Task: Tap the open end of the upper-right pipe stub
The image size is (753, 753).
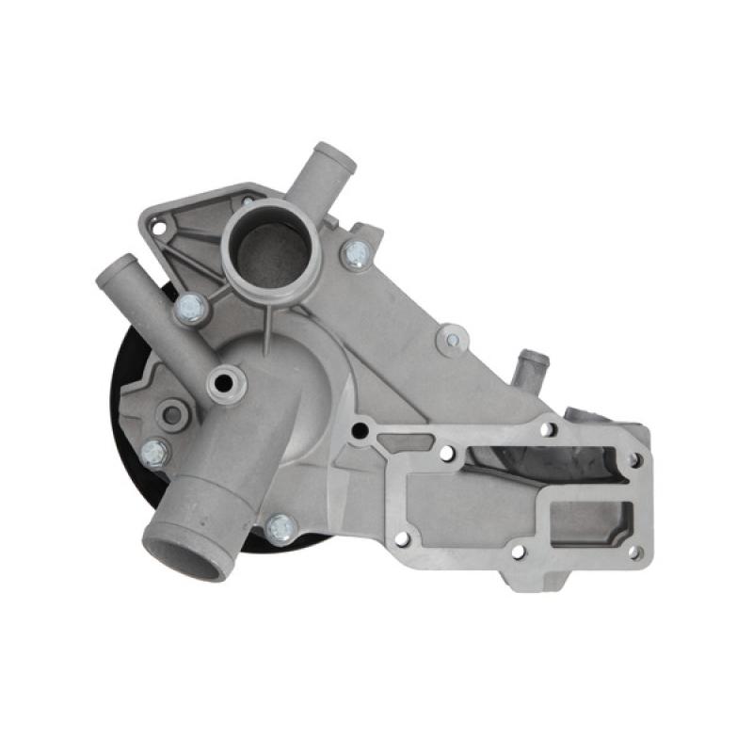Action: point(337,157)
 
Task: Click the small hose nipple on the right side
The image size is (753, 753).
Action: point(533,359)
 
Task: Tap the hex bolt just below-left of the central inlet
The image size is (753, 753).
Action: point(191,306)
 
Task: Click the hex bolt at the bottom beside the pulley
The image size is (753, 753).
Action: point(280,528)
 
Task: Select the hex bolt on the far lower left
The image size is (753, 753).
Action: point(155,452)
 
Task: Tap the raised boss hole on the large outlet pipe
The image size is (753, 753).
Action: point(226,382)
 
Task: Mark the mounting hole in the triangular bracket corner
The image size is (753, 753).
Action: point(158,228)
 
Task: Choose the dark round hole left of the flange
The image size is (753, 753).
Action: point(359,431)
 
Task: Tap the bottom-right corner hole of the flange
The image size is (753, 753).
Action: point(633,552)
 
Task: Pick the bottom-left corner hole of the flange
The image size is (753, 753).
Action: point(402,539)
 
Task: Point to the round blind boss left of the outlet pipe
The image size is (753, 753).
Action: point(172,413)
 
